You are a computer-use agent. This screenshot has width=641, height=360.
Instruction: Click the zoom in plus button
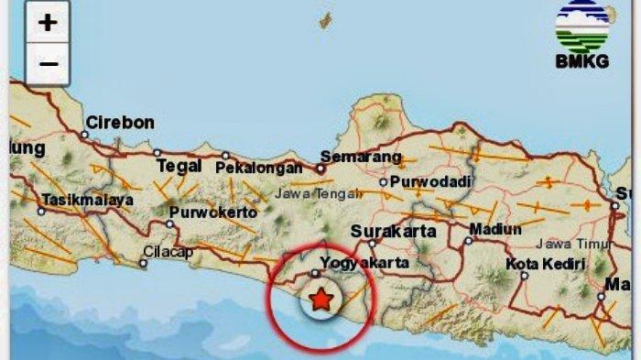tap(49, 23)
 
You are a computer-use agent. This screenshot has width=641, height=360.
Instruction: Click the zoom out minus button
tap(49, 63)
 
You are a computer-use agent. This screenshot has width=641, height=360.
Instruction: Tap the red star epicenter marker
tap(320, 299)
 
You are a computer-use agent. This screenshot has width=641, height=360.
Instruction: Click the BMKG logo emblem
tap(581, 27)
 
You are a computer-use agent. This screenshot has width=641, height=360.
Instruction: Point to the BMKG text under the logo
tap(581, 61)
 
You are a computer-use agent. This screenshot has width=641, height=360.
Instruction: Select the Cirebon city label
tap(120, 122)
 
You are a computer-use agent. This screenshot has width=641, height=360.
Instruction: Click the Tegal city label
tap(179, 166)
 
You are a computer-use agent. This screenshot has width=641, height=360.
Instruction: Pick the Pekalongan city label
tap(259, 168)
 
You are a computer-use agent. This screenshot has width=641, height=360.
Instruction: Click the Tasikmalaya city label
tap(88, 200)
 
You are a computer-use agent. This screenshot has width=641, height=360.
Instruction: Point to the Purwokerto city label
tap(212, 212)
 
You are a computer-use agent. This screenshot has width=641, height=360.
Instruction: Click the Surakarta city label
tap(393, 231)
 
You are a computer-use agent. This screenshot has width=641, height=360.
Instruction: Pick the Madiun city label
tap(495, 229)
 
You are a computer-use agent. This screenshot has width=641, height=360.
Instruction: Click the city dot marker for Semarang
tap(320, 169)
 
